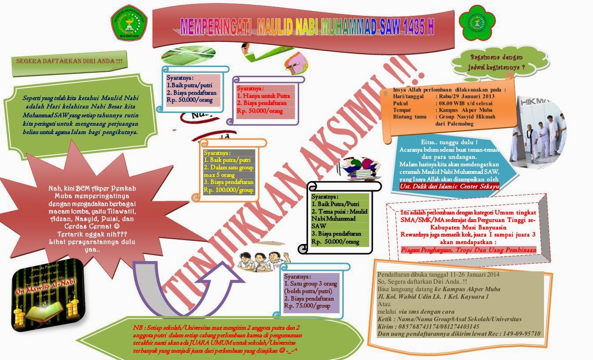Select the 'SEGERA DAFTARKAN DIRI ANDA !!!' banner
coord(69,61)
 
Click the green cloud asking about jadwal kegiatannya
coord(496,62)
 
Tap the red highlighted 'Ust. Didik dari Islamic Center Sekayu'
coord(449,187)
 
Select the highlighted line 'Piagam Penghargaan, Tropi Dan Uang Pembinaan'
coord(469,250)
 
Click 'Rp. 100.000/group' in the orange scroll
coord(229,190)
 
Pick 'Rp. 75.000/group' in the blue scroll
coord(307,306)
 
